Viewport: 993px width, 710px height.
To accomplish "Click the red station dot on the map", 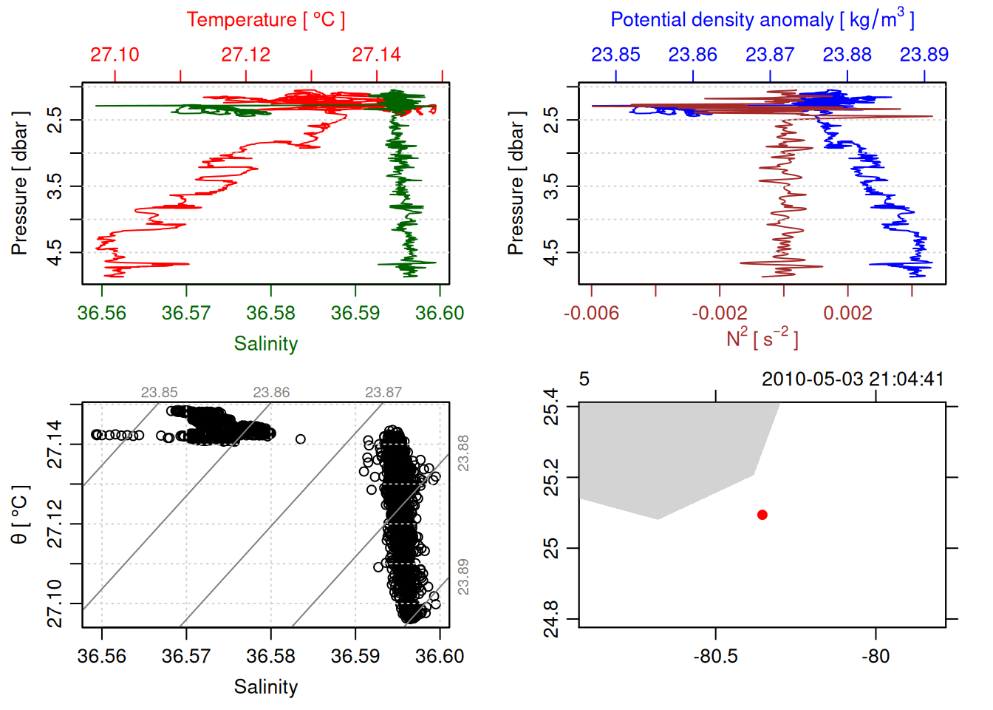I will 762,515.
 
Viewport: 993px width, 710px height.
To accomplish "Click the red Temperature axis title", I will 265,20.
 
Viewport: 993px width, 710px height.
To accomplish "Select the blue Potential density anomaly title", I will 762,20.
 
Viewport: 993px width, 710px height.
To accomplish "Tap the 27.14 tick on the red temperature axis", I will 376,55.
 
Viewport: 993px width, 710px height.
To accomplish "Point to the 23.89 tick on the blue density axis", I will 924,55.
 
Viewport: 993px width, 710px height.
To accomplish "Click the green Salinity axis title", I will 265,344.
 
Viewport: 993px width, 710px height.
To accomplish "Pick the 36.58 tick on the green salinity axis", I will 270,314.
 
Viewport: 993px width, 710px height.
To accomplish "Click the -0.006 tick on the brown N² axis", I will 591,314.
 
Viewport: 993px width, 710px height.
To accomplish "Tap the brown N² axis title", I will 762,339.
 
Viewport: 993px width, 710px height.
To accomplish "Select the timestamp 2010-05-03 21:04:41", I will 853,379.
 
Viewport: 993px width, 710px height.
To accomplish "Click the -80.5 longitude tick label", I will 715,657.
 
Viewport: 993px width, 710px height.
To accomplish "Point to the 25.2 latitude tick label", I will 551,477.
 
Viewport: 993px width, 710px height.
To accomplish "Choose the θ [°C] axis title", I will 20,515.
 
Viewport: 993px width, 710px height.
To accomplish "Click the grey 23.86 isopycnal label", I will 271,393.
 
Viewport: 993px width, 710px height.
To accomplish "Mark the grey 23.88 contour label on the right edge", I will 463,453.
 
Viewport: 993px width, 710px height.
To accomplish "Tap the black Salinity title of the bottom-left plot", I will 265,687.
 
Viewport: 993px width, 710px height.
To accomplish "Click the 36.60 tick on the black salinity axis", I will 440,657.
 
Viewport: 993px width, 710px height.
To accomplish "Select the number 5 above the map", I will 584,379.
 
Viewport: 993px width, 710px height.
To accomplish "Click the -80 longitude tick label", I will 876,657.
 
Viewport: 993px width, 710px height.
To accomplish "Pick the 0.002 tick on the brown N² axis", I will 847,314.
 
